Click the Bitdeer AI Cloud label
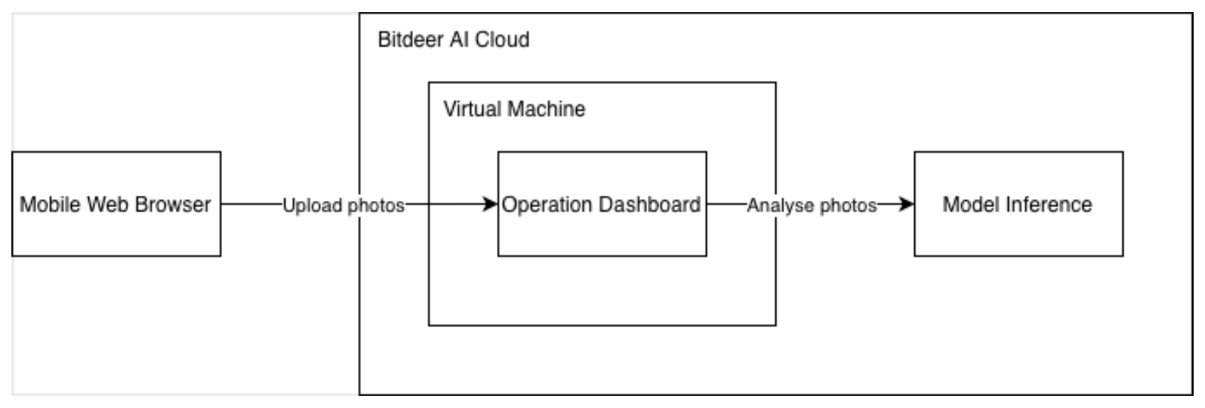tap(453, 39)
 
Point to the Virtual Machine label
tap(513, 109)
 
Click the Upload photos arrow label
tap(344, 205)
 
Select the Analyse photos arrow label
tap(812, 205)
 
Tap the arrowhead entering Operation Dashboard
tap(491, 204)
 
